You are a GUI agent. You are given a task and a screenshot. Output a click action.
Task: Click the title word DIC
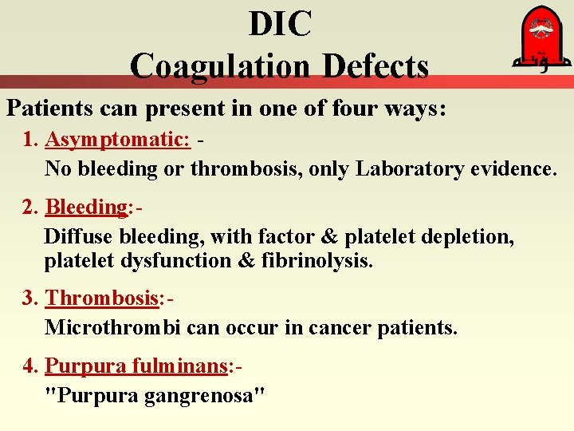(280, 24)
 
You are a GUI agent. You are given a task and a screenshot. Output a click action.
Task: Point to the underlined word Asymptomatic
(117, 139)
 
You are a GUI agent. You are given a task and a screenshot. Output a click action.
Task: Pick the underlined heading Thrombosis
(102, 298)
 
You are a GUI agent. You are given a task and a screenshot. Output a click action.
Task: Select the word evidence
(513, 168)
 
